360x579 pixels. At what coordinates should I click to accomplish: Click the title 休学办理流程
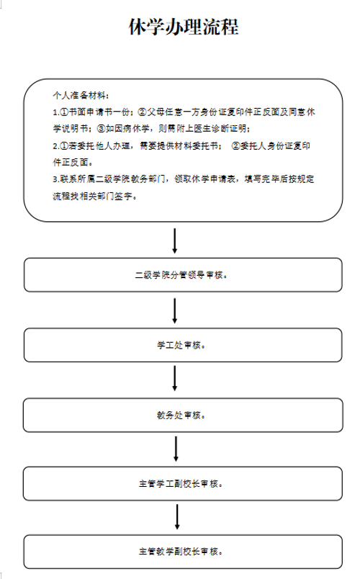(184, 27)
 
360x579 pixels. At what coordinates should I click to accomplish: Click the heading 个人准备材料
(79, 96)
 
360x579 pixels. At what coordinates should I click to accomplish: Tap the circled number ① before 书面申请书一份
(64, 112)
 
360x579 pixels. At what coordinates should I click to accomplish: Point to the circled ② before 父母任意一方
(142, 112)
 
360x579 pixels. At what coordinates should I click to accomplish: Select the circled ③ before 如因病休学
(102, 129)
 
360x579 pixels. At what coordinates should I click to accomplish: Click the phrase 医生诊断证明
(220, 129)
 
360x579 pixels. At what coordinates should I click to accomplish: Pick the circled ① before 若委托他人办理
(64, 146)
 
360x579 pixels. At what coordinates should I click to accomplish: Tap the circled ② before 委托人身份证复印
(235, 146)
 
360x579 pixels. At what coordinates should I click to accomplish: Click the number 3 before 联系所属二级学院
(55, 179)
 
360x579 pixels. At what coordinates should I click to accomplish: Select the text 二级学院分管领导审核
(179, 275)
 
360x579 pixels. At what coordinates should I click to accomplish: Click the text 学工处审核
(179, 345)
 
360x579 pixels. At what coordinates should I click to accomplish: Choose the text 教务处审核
(179, 416)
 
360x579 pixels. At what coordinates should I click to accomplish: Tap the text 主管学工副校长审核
(179, 484)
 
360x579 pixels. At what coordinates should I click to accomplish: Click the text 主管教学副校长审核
(179, 552)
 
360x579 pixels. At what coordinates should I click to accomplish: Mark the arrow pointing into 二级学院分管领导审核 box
(175, 241)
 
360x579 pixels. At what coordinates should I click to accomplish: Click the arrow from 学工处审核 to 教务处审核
(175, 378)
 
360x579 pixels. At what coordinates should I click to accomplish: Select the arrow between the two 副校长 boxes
(177, 516)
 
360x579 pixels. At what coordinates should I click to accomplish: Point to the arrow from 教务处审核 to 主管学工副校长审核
(176, 449)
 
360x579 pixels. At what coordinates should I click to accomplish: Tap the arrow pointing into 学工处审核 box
(175, 311)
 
